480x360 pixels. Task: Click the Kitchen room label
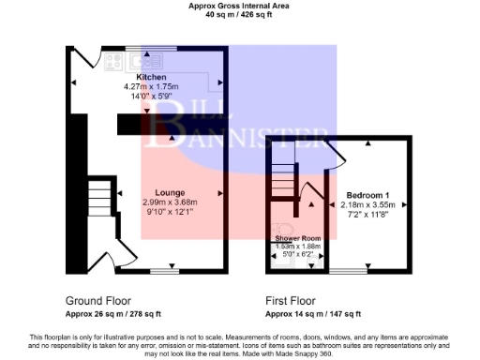click(151, 77)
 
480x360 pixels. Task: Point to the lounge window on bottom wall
click(165, 271)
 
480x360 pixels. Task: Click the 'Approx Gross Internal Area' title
click(239, 5)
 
